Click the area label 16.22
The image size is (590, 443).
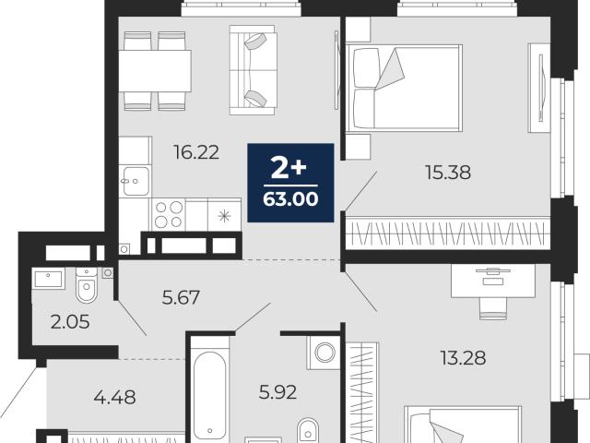[196, 152]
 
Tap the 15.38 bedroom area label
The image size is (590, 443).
[448, 173]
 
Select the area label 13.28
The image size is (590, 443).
[463, 357]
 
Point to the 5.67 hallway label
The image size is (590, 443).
[181, 297]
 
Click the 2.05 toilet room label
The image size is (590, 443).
[70, 322]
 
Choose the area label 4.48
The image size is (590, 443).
[114, 397]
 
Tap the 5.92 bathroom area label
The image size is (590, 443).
[277, 392]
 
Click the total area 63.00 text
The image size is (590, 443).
[290, 199]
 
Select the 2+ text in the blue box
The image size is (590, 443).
[289, 168]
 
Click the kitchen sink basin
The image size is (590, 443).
[136, 181]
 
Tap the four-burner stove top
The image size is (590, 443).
[169, 214]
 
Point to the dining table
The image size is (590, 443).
[155, 71]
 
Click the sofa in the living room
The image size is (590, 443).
[254, 70]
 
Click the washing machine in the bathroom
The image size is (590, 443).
[324, 353]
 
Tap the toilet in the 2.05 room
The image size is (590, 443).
[87, 284]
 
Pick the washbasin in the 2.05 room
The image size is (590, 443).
[49, 279]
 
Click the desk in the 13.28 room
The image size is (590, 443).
[493, 281]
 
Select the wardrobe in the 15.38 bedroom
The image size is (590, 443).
[448, 233]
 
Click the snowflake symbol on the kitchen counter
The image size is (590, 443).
[224, 216]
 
